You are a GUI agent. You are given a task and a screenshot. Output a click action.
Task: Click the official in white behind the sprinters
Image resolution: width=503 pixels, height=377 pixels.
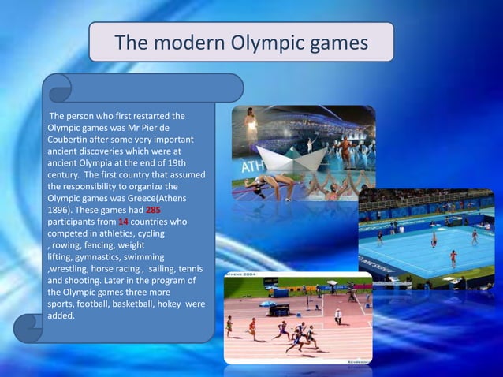pos(337,315)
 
